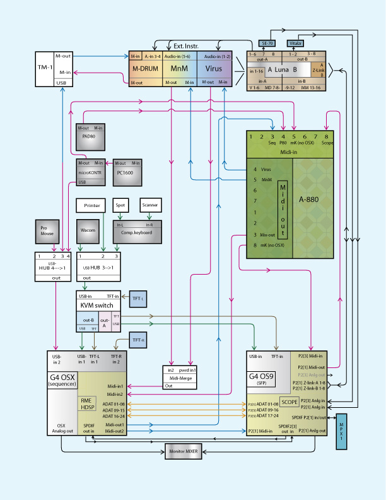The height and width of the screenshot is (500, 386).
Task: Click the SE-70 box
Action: (x=267, y=43)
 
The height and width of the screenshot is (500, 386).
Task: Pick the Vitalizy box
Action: (x=296, y=43)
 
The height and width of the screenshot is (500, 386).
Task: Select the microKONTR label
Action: (x=90, y=172)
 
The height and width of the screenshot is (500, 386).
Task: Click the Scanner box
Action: (x=150, y=205)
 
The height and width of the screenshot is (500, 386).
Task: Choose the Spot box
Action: (x=120, y=205)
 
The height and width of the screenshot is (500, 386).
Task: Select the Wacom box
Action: (x=88, y=230)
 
